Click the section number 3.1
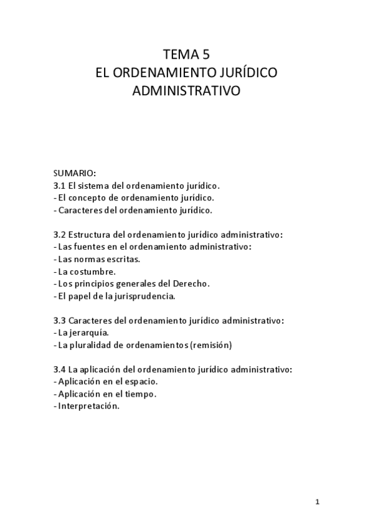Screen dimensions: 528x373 pyautogui.click(x=60, y=186)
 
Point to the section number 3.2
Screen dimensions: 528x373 pyautogui.click(x=60, y=235)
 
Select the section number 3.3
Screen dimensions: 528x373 pyautogui.click(x=60, y=321)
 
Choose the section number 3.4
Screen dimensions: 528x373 pyautogui.click(x=60, y=369)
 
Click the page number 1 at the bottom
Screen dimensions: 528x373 pyautogui.click(x=317, y=503)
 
